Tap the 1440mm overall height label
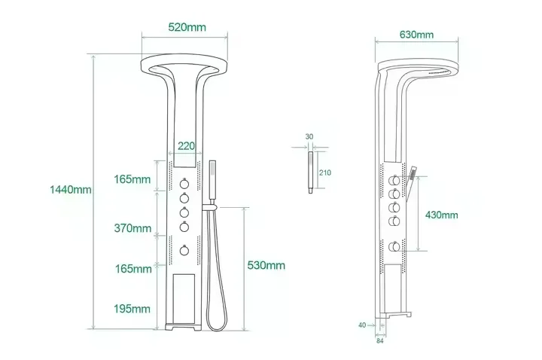[x=72, y=190]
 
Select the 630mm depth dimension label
[x=416, y=35]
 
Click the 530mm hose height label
[x=266, y=265]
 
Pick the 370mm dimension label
[x=132, y=227]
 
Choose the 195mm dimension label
[x=132, y=309]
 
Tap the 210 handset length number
[x=325, y=173]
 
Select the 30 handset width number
[x=309, y=136]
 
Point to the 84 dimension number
[x=379, y=340]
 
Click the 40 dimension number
[x=363, y=325]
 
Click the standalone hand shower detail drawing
[x=309, y=172]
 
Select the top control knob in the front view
[x=183, y=183]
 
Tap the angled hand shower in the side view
[x=413, y=178]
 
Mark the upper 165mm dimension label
[x=132, y=179]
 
